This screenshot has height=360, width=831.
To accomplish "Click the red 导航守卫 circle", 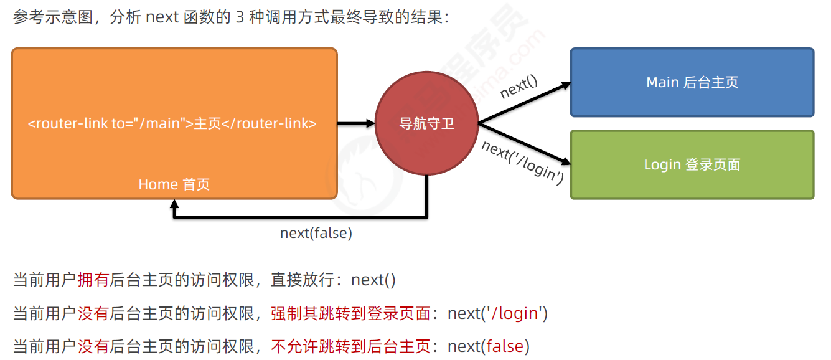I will pos(426,123).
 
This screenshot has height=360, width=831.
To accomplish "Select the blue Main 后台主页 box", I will pos(692,82).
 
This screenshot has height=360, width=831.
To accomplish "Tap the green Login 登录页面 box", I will pos(692,164).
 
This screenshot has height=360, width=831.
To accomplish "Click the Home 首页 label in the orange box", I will pos(174,184).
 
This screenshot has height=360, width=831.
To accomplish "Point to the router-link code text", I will pos(172,123).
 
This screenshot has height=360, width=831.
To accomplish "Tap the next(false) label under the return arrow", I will pos(316,233).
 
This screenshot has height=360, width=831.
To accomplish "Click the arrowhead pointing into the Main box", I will pos(564,85).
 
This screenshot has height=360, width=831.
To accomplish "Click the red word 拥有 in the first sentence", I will pos(93,280).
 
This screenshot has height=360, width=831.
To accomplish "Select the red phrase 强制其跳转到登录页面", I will pos(350,313).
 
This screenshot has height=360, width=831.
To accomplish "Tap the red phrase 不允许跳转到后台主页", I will pos(350,346).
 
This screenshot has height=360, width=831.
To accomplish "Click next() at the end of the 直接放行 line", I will pos(373,280).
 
